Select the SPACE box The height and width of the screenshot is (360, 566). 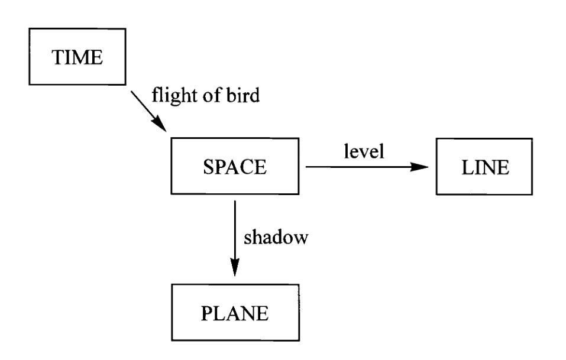(x=235, y=168)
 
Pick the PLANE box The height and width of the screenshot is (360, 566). (x=235, y=313)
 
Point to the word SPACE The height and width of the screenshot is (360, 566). (x=235, y=168)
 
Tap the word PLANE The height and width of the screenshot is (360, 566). (x=235, y=313)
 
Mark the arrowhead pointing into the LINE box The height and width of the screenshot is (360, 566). (x=419, y=167)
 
